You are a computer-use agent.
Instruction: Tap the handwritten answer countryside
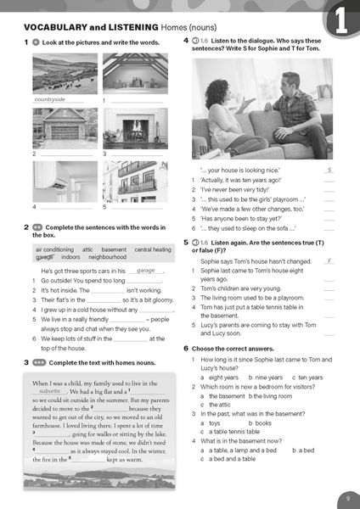49,99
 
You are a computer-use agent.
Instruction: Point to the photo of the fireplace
134,127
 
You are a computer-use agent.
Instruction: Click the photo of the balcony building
134,181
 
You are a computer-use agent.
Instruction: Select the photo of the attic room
134,74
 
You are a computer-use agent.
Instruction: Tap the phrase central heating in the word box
153,249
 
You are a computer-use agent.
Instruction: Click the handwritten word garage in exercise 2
146,271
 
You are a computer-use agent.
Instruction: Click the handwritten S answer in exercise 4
329,171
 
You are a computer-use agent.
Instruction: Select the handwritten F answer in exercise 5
329,262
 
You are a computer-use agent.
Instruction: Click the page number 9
347,497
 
